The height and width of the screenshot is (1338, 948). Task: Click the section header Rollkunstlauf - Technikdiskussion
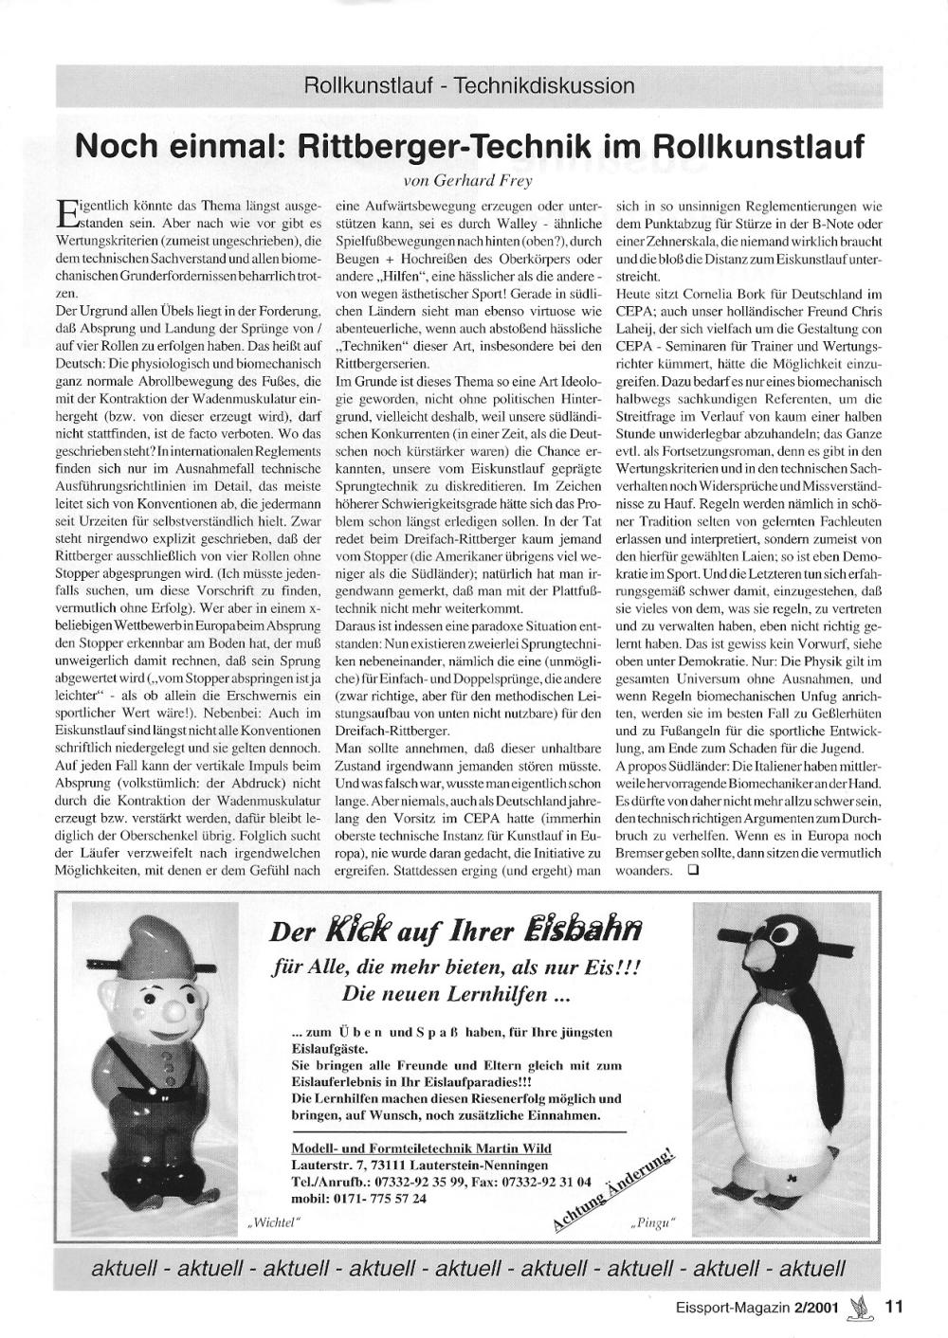click(x=468, y=86)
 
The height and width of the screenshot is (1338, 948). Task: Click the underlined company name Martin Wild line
click(x=421, y=1148)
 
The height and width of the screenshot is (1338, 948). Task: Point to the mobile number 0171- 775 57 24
click(x=359, y=1198)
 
